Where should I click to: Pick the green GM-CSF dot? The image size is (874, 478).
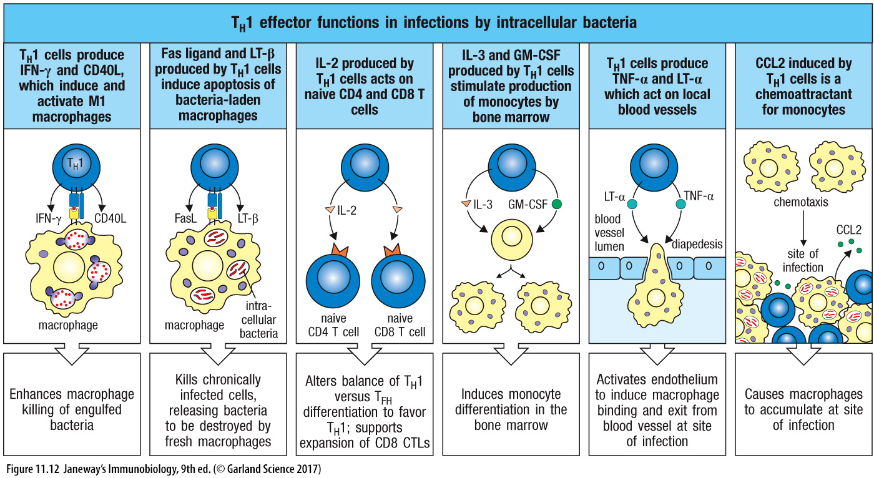pos(557,203)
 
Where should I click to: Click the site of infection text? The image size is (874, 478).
pos(803,261)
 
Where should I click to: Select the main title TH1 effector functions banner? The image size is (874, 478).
pos(436,23)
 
